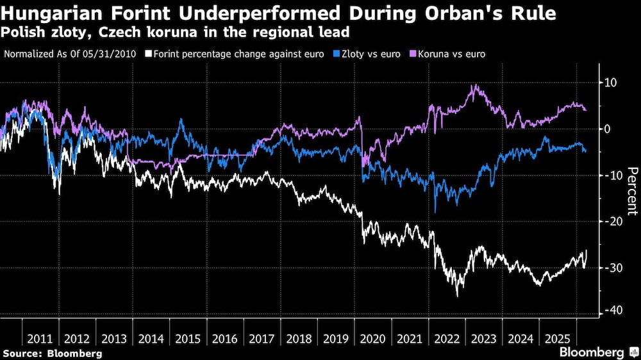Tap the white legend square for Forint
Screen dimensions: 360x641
click(x=149, y=54)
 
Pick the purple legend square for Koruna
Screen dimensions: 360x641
click(x=412, y=54)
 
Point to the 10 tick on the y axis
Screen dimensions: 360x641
click(x=611, y=83)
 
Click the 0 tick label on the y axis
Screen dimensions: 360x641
click(x=608, y=129)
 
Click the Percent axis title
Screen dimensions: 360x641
click(x=632, y=190)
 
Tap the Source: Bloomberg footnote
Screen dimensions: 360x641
click(x=53, y=353)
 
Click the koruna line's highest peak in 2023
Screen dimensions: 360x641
click(x=474, y=85)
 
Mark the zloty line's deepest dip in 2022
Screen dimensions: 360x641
click(x=435, y=212)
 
